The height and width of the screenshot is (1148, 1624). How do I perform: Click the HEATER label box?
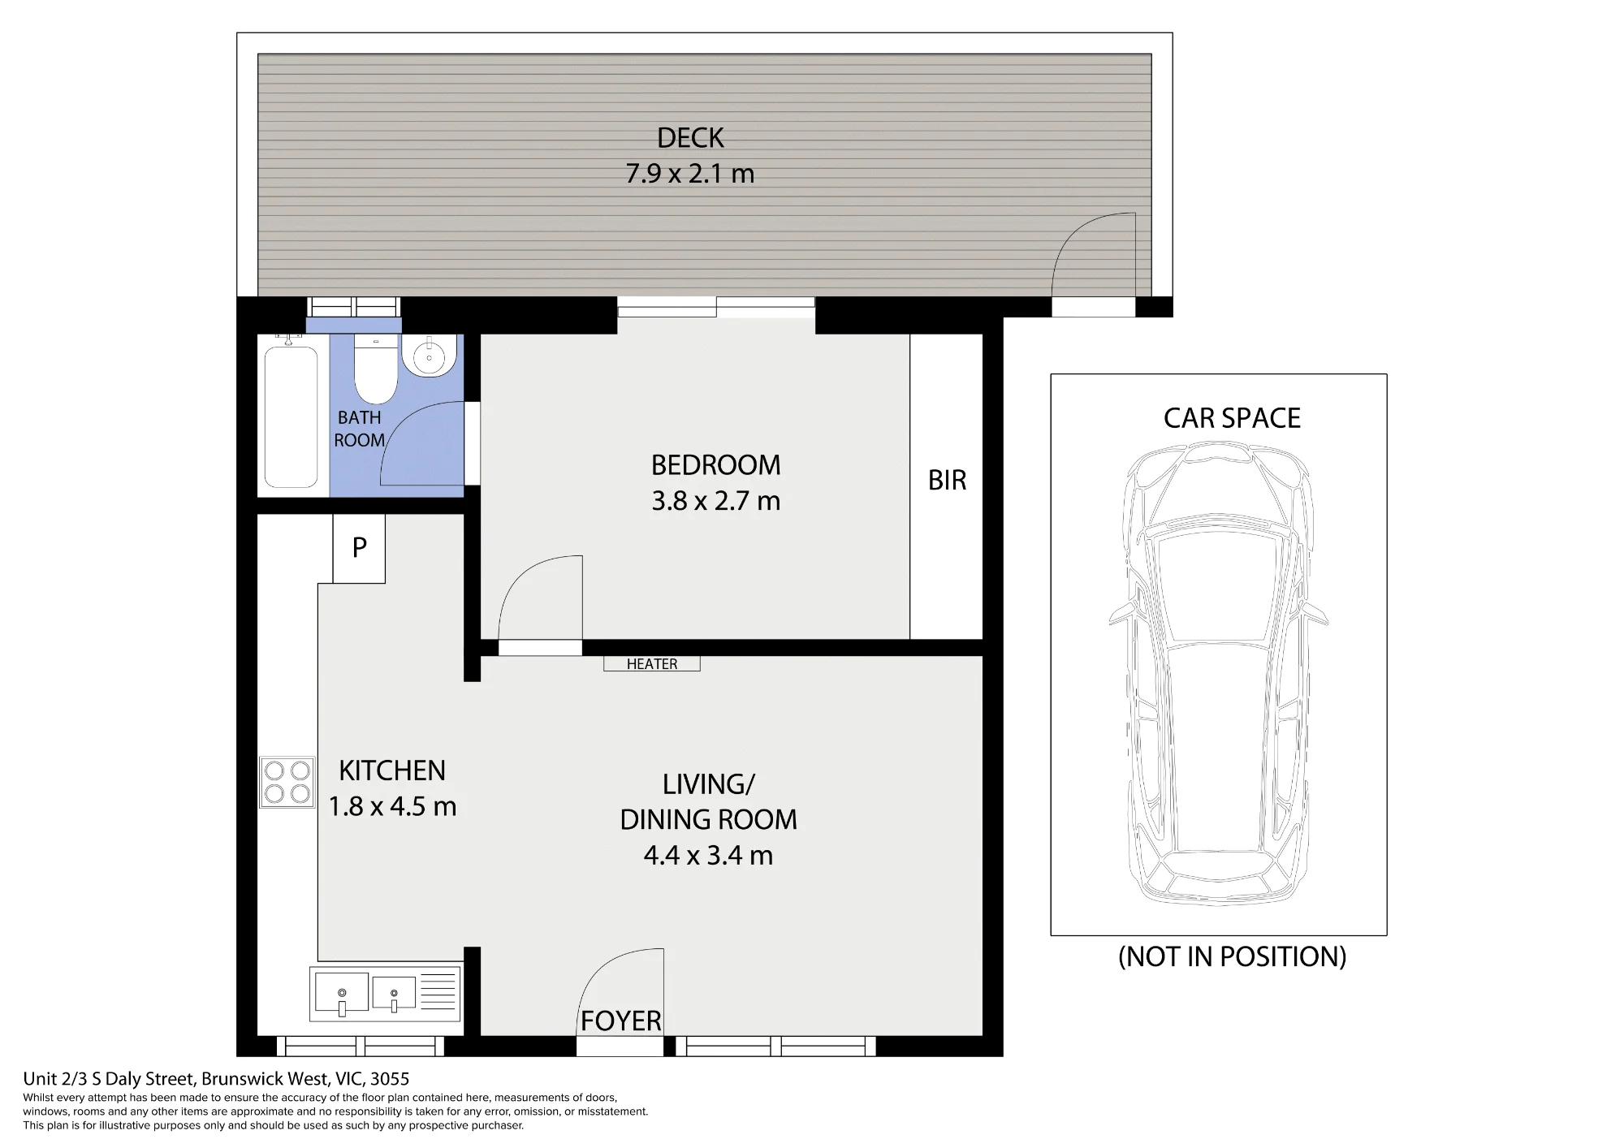pos(651,663)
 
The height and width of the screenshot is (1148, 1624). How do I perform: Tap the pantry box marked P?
pos(359,548)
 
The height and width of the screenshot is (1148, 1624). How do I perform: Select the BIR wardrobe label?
pos(947,480)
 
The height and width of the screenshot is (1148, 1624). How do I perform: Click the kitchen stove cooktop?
pos(287,782)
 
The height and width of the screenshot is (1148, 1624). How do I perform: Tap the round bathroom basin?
pos(430,356)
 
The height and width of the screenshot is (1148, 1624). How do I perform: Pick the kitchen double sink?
pos(385,993)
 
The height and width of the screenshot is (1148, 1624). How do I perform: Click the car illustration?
pos(1218,673)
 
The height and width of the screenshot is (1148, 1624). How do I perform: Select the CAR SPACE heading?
pos(1232,418)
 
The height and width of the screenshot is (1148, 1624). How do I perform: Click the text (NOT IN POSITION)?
pos(1232,956)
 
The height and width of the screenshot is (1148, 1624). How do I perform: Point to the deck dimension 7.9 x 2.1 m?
pos(690,174)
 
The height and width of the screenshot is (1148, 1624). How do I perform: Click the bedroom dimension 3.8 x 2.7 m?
pos(716,501)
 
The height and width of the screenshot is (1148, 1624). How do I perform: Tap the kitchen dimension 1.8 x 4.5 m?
pos(392,806)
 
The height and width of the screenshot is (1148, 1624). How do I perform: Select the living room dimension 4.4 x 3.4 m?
pos(708,855)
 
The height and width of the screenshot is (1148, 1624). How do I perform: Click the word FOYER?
pos(621,1021)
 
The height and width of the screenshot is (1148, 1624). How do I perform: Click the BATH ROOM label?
pos(360,429)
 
